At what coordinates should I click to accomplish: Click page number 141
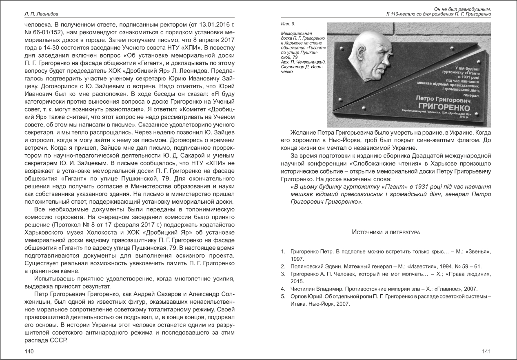tap(486, 351)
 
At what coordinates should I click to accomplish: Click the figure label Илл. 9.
tap(288, 24)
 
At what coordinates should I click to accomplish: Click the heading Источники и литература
tap(386, 232)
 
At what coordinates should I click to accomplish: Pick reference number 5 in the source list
tap(283, 296)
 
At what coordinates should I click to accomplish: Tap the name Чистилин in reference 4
tap(302, 289)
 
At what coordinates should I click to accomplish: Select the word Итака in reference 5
tap(297, 304)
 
